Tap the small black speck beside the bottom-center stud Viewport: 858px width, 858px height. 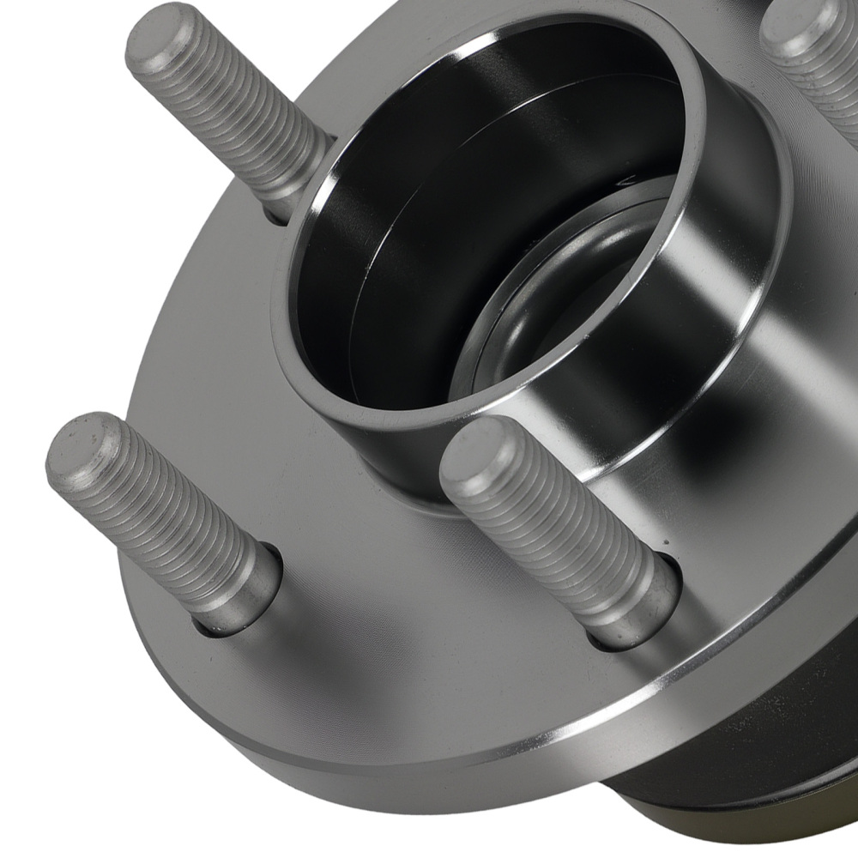click(665, 544)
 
